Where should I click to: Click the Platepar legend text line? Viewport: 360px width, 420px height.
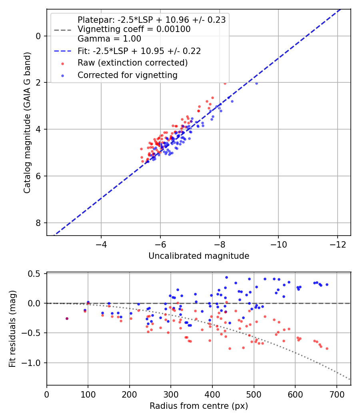coord(152,20)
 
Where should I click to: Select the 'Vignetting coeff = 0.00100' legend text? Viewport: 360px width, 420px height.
coord(134,29)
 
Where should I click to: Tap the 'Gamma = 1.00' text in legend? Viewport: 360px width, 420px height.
coord(109,39)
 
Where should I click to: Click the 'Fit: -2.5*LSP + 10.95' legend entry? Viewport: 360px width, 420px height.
coord(139,51)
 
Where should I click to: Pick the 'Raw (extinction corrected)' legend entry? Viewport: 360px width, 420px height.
coord(132,63)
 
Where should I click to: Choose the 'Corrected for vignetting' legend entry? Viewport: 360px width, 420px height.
coord(128,75)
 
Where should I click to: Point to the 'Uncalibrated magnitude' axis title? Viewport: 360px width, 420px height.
coord(199,256)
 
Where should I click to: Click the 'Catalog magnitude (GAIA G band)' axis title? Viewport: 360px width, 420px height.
coord(27,123)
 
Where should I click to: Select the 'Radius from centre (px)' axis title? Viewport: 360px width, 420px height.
coord(199,406)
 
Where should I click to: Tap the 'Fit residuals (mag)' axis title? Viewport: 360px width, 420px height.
coord(12,329)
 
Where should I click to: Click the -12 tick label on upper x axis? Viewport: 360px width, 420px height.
coord(337,244)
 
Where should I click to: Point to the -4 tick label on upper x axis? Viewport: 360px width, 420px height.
coord(101,244)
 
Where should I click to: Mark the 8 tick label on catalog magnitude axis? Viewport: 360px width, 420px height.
coord(38,223)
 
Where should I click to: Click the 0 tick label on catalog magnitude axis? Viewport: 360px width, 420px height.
coord(38,36)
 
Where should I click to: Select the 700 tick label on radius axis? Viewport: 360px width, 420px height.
coord(336,394)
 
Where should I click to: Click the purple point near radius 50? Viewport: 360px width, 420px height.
coord(67,318)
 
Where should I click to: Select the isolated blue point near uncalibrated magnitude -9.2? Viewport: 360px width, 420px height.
coord(256,83)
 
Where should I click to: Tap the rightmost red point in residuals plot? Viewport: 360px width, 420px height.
coord(327,348)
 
